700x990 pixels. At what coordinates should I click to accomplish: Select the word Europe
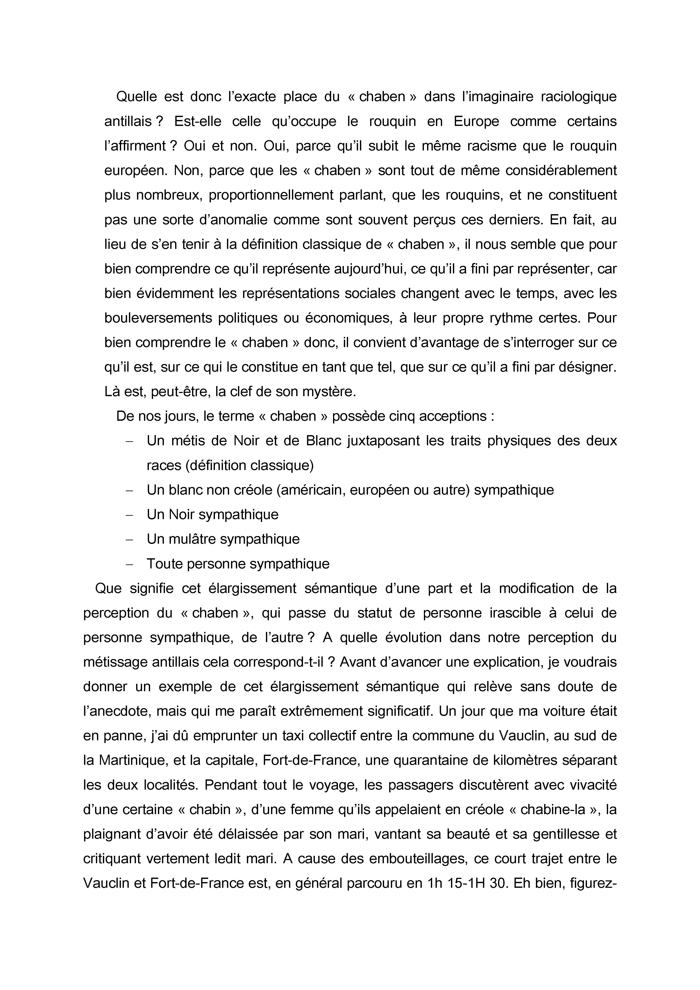(x=476, y=122)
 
